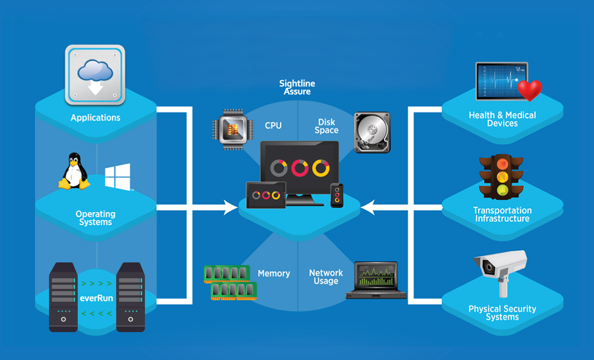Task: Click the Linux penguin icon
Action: [75, 171]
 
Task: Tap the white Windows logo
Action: [118, 177]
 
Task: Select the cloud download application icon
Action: [95, 75]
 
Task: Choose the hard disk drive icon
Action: [372, 132]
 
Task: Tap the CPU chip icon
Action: [233, 129]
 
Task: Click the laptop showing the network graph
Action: [376, 280]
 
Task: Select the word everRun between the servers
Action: [96, 298]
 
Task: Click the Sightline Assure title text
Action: [297, 87]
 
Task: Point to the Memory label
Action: [274, 273]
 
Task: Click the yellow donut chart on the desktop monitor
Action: [321, 168]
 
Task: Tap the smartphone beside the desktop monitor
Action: [337, 195]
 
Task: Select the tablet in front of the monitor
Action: [266, 195]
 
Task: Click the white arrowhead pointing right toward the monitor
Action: [231, 207]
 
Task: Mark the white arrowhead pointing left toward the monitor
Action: [368, 207]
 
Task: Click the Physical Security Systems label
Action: [502, 313]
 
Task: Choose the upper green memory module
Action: [227, 274]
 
